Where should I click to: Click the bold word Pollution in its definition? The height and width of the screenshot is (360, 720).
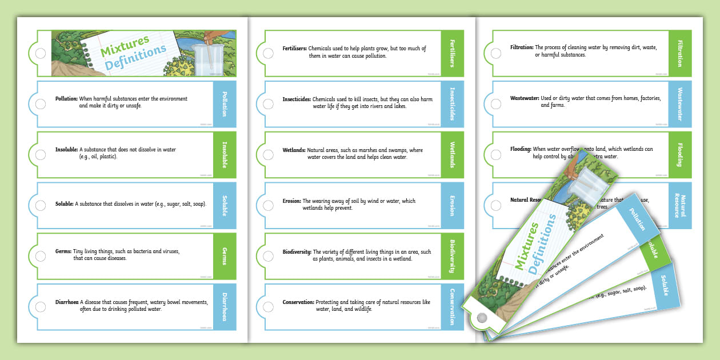pos(66,99)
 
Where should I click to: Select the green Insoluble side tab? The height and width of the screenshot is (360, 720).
pos(224,154)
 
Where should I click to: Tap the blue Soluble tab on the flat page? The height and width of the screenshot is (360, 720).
pos(224,204)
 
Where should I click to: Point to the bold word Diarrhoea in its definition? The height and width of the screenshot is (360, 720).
pos(67,302)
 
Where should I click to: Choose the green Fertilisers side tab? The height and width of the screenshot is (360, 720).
pos(451,53)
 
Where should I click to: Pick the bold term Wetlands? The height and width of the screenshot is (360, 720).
pos(294,150)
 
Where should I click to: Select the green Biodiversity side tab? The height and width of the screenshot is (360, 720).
pos(451,255)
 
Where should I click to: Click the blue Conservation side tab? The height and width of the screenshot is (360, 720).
pos(451,306)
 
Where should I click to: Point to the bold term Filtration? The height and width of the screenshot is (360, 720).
pos(522,47)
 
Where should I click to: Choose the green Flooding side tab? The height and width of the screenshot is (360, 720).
pos(679,154)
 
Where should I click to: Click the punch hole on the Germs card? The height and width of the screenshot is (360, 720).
pos(41,255)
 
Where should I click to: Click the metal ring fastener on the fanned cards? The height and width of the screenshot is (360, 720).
pos(482,317)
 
